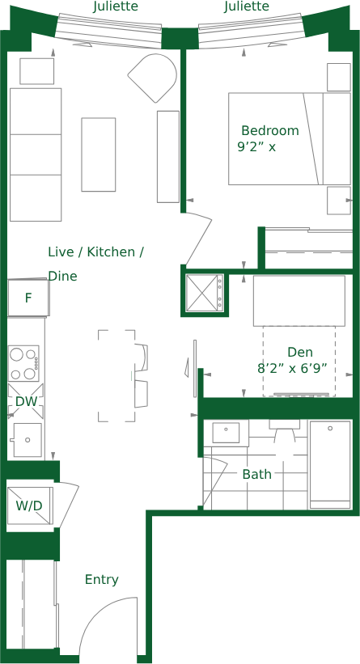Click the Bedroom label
point(269,130)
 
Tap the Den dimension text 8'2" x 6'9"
point(293,369)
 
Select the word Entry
point(102,579)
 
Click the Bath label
point(257,474)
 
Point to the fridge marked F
point(28,298)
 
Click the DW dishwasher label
point(26,401)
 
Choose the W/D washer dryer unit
point(30,505)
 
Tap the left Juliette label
point(115,6)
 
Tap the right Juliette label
point(247,6)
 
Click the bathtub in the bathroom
point(330,464)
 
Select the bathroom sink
point(226,433)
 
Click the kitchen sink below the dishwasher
point(26,439)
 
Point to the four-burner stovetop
point(24,363)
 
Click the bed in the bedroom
point(290,139)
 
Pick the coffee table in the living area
point(98,154)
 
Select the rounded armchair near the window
point(154,78)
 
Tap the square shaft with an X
point(205,293)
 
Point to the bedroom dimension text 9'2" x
point(256,147)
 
